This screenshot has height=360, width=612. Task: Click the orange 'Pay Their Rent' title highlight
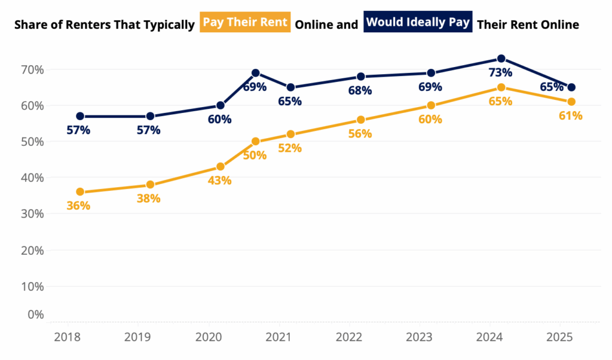click(x=246, y=23)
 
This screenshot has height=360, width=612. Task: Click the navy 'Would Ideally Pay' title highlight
click(x=418, y=23)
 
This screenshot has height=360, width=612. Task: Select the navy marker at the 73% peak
click(x=501, y=59)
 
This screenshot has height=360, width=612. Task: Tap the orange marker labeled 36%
click(x=79, y=192)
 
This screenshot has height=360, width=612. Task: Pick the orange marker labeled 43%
click(x=220, y=167)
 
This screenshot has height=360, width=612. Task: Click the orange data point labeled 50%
click(x=255, y=142)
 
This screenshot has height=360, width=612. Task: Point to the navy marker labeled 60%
click(x=220, y=105)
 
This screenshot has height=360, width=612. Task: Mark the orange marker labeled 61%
click(x=571, y=102)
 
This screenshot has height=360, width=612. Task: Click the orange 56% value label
click(x=360, y=134)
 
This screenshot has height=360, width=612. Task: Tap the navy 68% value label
click(x=360, y=91)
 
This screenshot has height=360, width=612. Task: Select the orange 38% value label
click(x=148, y=199)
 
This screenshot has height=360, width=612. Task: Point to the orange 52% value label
click(x=290, y=148)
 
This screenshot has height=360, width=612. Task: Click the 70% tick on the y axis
click(x=28, y=69)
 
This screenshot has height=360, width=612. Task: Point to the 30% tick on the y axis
click(x=28, y=213)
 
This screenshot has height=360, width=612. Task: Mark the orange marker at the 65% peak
click(x=501, y=87)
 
